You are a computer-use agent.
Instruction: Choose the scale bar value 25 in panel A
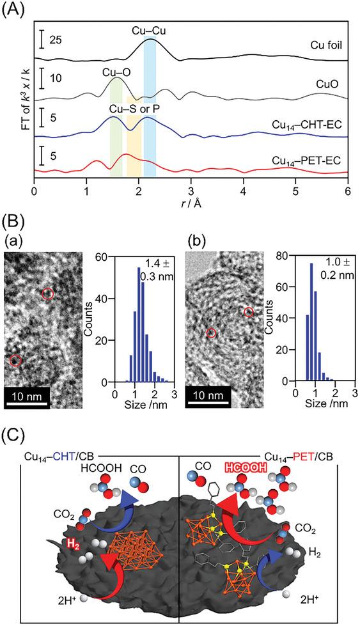(56, 40)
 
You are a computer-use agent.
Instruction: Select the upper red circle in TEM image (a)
(48, 293)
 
